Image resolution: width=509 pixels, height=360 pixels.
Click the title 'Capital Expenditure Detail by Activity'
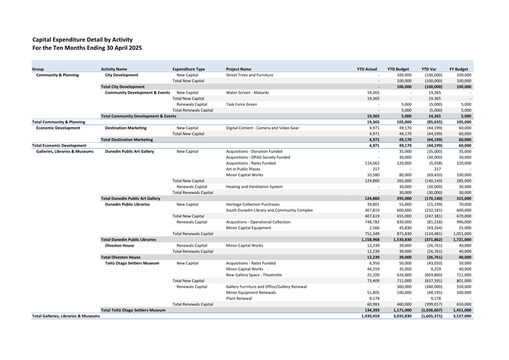click(x=82, y=39)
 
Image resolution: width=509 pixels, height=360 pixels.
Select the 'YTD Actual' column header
click(x=367, y=69)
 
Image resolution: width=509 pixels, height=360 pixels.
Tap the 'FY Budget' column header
click(x=459, y=69)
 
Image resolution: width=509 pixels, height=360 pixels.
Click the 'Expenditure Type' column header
click(x=189, y=69)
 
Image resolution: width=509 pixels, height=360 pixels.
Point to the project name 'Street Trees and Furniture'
click(x=250, y=75)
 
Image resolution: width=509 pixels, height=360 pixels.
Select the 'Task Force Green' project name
click(x=241, y=104)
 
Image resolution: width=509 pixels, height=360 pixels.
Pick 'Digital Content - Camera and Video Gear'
click(x=262, y=128)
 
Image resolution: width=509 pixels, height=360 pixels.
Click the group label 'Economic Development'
click(x=58, y=128)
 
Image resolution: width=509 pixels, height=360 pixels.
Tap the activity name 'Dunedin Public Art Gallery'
click(x=130, y=151)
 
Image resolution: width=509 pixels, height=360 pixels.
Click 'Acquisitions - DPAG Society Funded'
click(x=258, y=157)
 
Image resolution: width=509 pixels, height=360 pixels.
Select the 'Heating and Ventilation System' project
click(x=254, y=186)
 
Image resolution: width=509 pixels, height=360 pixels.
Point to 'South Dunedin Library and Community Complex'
click(x=269, y=210)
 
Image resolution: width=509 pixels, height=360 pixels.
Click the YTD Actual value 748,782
click(x=369, y=222)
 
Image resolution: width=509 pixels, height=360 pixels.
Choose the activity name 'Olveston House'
click(x=120, y=245)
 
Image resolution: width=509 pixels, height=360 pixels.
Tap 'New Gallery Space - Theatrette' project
click(x=254, y=275)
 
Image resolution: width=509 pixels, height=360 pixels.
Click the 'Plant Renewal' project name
click(x=239, y=298)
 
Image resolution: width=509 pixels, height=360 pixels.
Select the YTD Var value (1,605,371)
click(x=431, y=316)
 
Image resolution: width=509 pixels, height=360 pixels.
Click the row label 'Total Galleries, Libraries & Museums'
click(x=66, y=316)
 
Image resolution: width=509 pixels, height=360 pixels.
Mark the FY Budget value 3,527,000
click(x=460, y=316)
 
